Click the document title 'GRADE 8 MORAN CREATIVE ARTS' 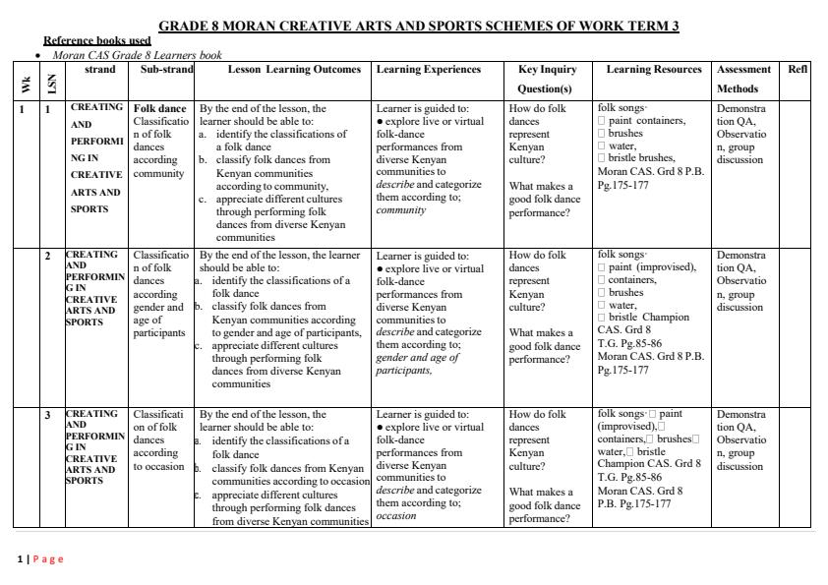419,27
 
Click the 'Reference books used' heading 97,40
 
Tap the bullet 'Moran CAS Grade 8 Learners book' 137,55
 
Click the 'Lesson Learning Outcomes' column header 282,70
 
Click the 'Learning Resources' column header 653,70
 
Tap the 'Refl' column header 798,70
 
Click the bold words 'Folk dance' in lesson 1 159,109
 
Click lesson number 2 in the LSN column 48,257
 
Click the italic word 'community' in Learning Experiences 400,209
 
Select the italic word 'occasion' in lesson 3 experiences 396,515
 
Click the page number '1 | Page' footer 40,558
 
